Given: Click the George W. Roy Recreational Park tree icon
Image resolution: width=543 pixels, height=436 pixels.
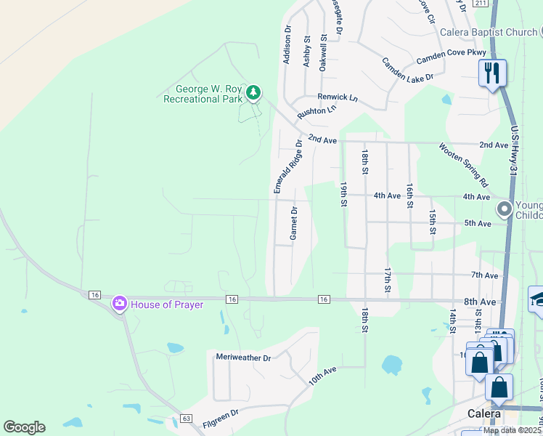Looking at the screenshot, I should click(253, 92).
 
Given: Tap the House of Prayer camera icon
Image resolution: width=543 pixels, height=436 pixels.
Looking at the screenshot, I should click(120, 304).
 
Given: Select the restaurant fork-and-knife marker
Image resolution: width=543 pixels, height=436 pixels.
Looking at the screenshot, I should click(492, 73).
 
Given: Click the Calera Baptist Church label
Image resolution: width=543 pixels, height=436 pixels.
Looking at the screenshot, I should click(488, 32).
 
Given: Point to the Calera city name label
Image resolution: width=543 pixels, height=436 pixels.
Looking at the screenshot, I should click(483, 413).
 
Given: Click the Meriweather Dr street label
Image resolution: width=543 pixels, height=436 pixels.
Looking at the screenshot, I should click(243, 358).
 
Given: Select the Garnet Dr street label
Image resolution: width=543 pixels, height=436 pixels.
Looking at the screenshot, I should click(294, 223).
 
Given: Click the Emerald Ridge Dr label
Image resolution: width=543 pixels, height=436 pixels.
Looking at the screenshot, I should click(287, 166).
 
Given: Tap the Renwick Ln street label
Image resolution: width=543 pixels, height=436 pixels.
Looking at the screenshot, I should click(338, 97).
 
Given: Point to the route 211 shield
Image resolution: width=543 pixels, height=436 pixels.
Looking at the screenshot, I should click(481, 4).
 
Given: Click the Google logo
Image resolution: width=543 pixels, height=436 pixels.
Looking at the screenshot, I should click(24, 427).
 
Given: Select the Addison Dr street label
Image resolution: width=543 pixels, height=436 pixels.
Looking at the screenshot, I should click(287, 45).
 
